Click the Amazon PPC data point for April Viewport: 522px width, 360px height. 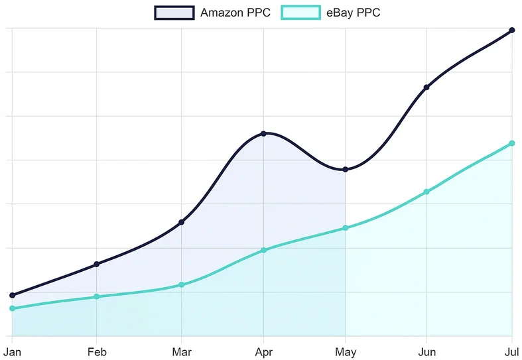[264, 134]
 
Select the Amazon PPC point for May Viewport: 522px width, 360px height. [346, 170]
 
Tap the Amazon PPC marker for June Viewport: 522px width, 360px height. [426, 88]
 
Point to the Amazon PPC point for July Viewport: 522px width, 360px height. [512, 30]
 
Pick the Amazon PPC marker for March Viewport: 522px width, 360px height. [182, 222]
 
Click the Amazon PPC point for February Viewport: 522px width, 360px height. [97, 265]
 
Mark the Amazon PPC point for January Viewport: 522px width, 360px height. [12, 295]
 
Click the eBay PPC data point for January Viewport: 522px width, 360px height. [12, 308]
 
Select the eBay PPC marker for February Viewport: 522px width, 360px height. [97, 296]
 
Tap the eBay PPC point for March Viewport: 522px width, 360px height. [182, 285]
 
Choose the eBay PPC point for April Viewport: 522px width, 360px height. [264, 250]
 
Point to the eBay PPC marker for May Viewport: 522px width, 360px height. [346, 228]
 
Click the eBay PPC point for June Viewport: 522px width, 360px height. [426, 192]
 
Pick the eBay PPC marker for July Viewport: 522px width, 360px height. [512, 143]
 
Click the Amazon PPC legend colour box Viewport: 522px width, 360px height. [174, 13]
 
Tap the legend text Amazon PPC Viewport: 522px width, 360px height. [235, 13]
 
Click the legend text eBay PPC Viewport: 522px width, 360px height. [354, 13]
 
